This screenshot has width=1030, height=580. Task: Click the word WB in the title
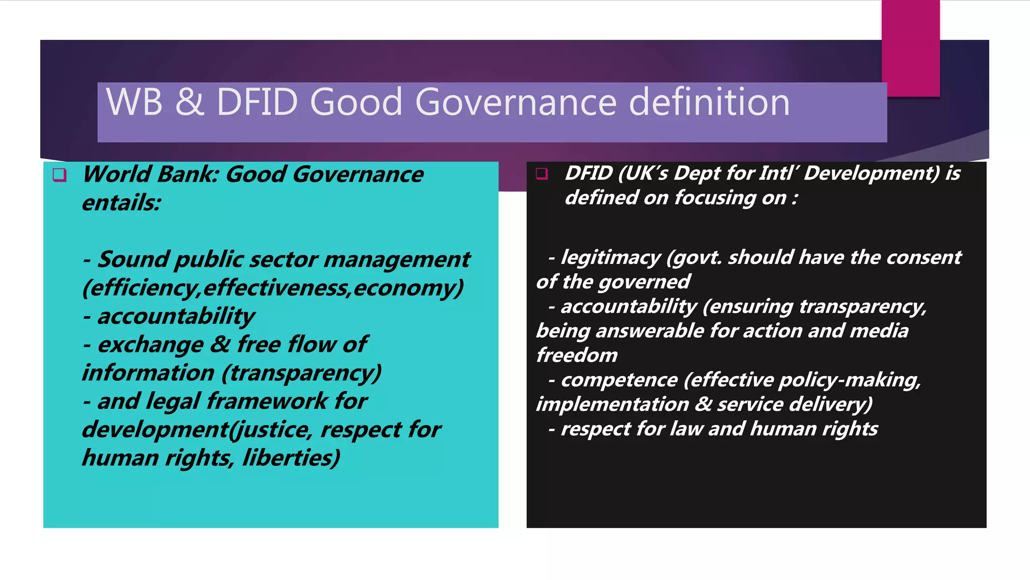coord(134,102)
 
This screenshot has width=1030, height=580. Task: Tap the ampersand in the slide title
coord(190,102)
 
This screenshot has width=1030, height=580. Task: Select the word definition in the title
coord(709,102)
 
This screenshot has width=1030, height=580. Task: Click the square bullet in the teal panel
coord(59,175)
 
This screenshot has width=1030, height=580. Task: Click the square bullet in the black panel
coord(542,174)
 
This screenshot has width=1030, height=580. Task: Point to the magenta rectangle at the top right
coord(910,48)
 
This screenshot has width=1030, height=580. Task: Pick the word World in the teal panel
coord(117,175)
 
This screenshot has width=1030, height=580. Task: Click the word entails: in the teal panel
coord(122,203)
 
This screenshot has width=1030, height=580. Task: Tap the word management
coord(397,260)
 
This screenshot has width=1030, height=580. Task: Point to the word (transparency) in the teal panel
coord(301,373)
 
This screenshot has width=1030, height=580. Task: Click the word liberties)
coord(291,458)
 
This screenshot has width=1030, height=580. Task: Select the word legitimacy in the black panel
coord(610,258)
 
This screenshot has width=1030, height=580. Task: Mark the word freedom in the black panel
coord(577,355)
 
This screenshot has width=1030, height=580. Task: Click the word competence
coord(619,380)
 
